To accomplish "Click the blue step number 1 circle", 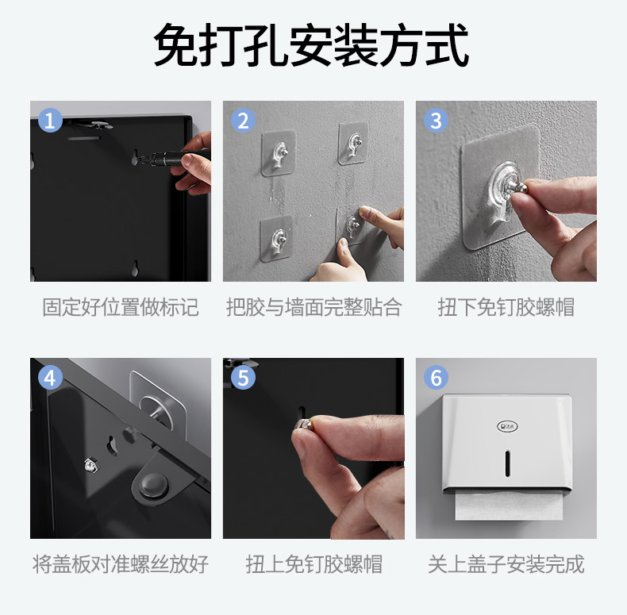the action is pos(50,120).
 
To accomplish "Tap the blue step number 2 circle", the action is pos(243,120).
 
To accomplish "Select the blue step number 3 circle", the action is pos(436,120).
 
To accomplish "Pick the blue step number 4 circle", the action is pos(50,377).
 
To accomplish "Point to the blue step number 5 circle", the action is pos(243,377).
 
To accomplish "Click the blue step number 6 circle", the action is pos(436,377).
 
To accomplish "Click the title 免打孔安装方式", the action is pos(311,44).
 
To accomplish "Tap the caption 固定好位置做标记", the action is pos(121,307).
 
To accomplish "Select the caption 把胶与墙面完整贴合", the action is pos(314,307).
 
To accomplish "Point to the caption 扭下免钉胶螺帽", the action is pos(506,307).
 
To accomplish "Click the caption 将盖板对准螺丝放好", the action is pos(121,564).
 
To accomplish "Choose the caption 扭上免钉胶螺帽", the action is pos(314,564).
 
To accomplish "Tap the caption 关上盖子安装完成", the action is pos(506,564).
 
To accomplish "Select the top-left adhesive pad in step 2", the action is pos(279,153).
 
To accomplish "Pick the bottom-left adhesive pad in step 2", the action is pos(277,239).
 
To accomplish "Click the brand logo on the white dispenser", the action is pos(507,426).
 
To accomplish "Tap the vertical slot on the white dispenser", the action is pos(507,463).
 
